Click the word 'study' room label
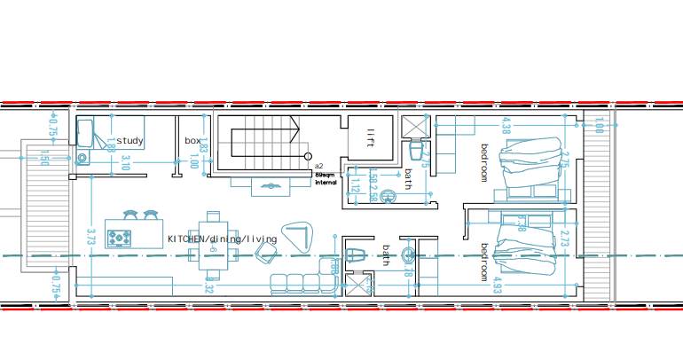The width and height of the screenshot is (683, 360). point(130,141)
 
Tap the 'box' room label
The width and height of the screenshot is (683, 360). point(192,141)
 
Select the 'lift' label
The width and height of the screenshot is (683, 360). point(371,138)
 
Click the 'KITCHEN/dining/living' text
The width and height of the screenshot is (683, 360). point(222,239)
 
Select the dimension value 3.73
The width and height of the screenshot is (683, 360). point(90,236)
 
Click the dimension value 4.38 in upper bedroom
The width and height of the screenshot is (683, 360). point(506,126)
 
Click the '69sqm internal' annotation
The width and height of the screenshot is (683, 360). point(326,179)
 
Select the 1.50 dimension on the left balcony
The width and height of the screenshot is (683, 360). point(44,158)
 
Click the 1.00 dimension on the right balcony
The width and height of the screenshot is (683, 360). point(599,125)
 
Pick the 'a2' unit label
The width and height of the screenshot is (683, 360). point(318,167)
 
